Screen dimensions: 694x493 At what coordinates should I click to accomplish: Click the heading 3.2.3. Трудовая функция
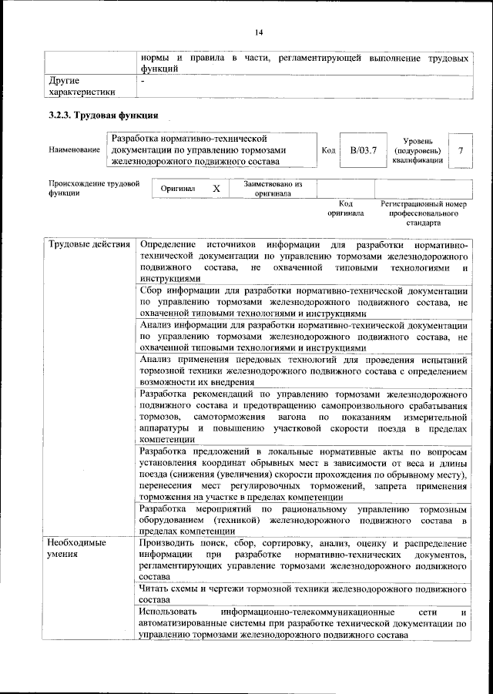(103, 116)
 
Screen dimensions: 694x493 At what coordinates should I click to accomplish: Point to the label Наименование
(75, 149)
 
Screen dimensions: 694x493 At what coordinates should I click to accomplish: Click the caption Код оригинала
(345, 208)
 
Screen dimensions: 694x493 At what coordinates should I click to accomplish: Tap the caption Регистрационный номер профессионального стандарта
(424, 213)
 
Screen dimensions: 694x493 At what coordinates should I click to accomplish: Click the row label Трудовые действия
(89, 245)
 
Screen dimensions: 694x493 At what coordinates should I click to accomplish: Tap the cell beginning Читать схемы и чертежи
(304, 594)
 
